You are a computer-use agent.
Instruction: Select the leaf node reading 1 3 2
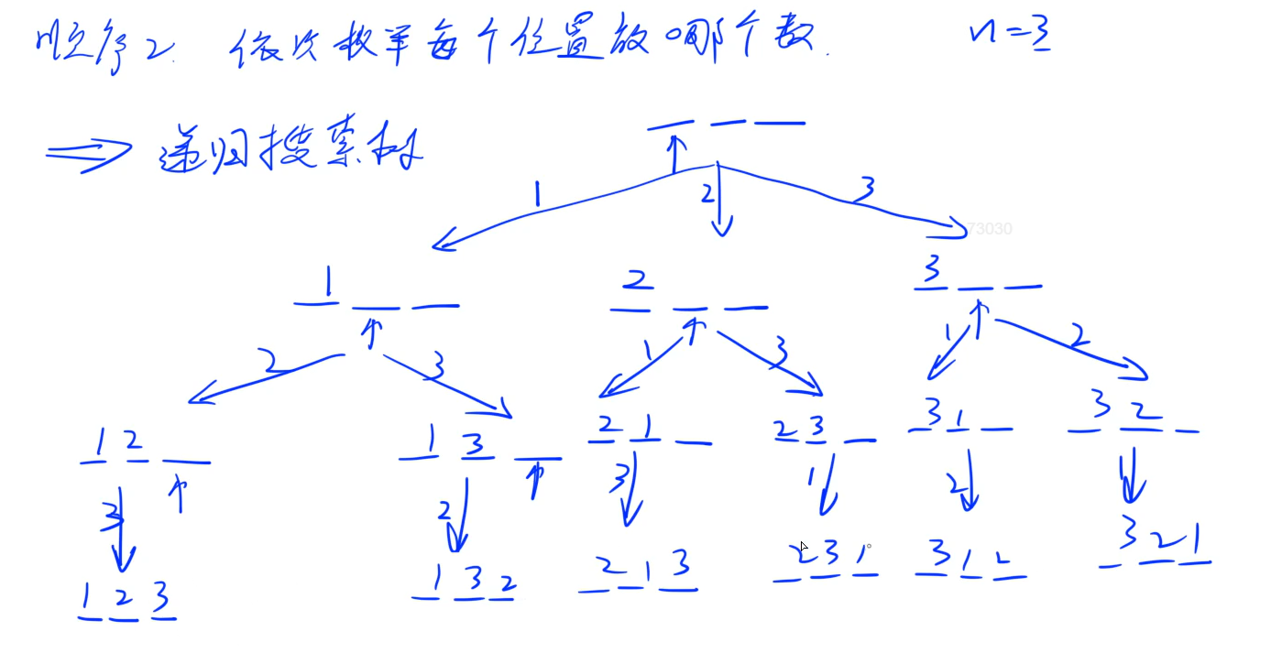click(464, 582)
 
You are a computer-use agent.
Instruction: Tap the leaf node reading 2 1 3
click(639, 571)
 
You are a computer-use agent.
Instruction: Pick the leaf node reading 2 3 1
click(827, 559)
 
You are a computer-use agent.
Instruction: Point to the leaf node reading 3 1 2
click(970, 558)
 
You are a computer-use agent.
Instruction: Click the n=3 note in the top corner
click(1009, 36)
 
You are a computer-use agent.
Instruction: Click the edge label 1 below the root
click(538, 194)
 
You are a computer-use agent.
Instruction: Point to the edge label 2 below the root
click(707, 194)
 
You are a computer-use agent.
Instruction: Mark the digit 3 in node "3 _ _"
click(932, 271)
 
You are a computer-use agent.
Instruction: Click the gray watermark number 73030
click(989, 229)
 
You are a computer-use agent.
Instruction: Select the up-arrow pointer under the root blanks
click(675, 152)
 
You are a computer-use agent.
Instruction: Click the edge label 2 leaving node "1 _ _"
click(272, 363)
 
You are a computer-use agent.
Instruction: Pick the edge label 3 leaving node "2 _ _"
click(781, 350)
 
